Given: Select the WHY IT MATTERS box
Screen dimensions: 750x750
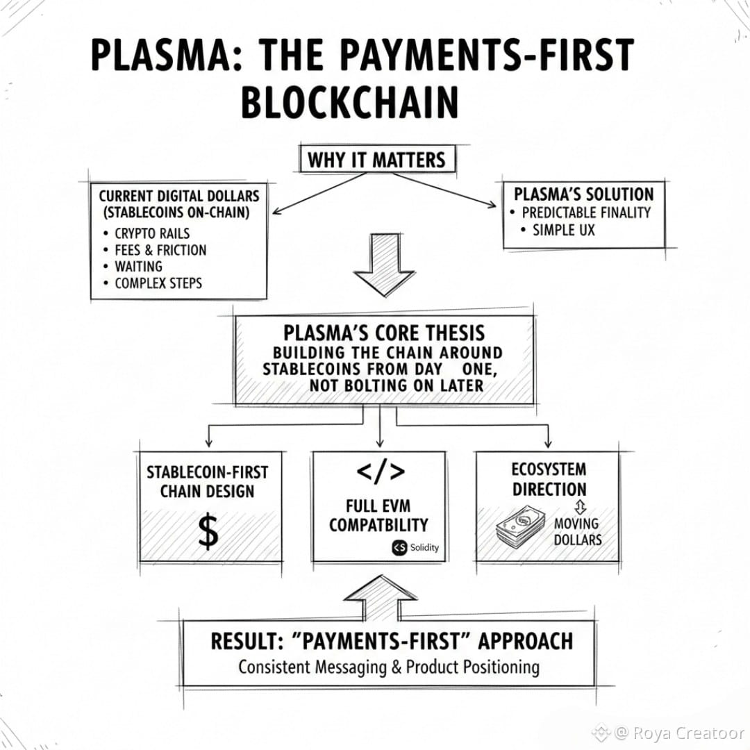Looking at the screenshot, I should [x=376, y=160].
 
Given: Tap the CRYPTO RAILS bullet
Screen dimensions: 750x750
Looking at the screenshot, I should [x=152, y=233].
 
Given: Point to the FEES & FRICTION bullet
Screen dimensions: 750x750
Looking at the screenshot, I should [x=160, y=250].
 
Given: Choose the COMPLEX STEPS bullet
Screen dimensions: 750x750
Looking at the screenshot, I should [x=158, y=283].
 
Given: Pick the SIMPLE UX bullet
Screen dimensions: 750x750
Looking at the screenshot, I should [x=563, y=230].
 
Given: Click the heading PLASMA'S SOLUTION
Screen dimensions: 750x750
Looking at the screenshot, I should [x=583, y=194].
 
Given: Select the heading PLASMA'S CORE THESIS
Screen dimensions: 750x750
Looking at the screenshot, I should [x=384, y=332].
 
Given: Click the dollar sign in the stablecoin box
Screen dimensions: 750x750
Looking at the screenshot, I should [x=208, y=532].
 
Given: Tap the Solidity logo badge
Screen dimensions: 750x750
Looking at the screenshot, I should [x=415, y=547].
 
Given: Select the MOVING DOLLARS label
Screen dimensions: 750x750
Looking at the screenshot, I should [x=577, y=531].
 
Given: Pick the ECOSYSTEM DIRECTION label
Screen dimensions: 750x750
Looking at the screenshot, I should [x=549, y=479].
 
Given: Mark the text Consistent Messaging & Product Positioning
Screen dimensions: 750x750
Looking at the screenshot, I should [x=388, y=667].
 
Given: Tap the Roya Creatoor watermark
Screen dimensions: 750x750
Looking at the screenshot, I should [x=668, y=733].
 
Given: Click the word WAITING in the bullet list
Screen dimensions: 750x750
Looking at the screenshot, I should [x=138, y=267].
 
